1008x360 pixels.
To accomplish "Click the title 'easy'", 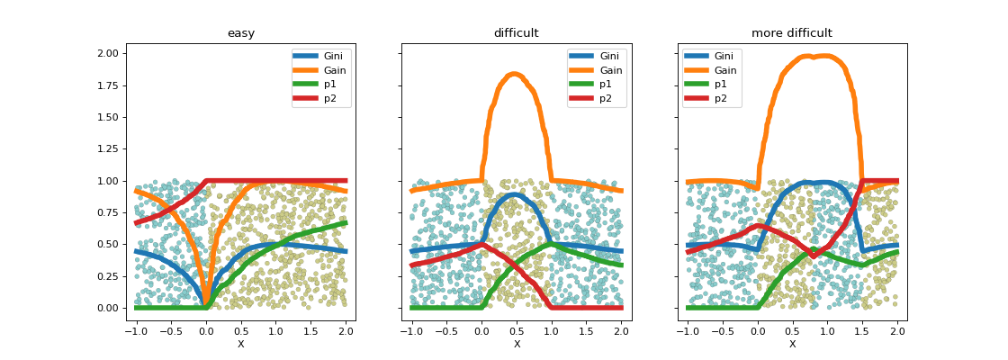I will pyautogui.click(x=240, y=33).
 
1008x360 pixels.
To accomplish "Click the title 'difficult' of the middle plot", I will pyautogui.click(x=516, y=33).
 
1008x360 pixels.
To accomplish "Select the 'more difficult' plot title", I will pyautogui.click(x=792, y=33).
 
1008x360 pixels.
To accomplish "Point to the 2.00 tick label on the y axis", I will pyautogui.click(x=106, y=53).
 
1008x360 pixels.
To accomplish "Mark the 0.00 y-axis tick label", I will pyautogui.click(x=106, y=308).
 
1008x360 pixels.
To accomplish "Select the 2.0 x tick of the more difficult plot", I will pyautogui.click(x=895, y=331).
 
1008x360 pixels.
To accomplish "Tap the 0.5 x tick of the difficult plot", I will pyautogui.click(x=516, y=331).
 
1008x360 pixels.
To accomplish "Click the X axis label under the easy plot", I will pyautogui.click(x=240, y=344).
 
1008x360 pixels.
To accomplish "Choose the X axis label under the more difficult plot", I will pyautogui.click(x=792, y=344).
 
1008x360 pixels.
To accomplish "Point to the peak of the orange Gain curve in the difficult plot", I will pyautogui.click(x=515, y=74).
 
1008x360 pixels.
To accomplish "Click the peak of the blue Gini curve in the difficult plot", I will pyautogui.click(x=515, y=194).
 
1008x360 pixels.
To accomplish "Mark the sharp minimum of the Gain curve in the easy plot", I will pyautogui.click(x=206, y=304).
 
